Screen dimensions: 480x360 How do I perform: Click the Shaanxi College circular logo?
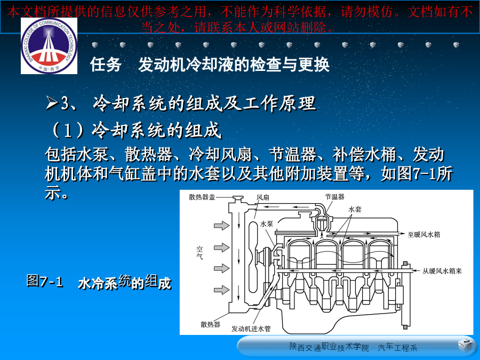pos(49,46)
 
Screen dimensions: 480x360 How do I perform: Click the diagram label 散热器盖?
pos(202,197)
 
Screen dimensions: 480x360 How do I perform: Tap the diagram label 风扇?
pos(262,197)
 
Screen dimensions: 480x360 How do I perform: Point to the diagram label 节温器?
pos(334,196)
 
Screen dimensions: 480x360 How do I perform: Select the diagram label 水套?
pos(355,210)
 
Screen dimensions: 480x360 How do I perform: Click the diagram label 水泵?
pos(266,224)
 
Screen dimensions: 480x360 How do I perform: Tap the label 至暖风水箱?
pos(423,235)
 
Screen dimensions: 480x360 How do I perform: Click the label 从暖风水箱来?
pos(442,271)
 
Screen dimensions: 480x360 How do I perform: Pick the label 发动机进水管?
pos(251,329)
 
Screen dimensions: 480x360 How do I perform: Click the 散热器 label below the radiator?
pos(210,324)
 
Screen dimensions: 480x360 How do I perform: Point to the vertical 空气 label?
pos(199,253)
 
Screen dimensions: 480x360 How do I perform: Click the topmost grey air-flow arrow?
pos(222,226)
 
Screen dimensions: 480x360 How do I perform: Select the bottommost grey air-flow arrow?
pos(222,290)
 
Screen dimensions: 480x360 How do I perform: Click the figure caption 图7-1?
pos(45,281)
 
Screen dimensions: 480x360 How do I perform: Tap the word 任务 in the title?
pos(106,65)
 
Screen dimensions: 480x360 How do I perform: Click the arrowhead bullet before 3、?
pos(52,102)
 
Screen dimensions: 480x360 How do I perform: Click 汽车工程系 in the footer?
pos(397,348)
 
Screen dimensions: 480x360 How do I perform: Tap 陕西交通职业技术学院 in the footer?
pos(329,347)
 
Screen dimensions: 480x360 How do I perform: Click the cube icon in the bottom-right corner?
pos(465,345)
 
